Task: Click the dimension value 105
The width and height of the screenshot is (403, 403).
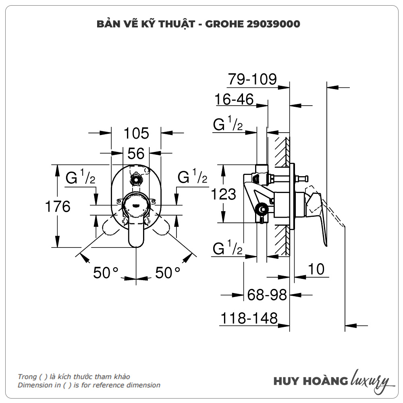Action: (136, 133)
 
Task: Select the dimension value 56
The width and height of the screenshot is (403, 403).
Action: (136, 154)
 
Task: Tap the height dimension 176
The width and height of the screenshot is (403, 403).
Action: (57, 206)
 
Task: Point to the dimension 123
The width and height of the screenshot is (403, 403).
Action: (224, 194)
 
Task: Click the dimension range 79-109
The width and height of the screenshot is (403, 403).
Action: (252, 80)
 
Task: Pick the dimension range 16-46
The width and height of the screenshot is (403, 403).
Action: (235, 100)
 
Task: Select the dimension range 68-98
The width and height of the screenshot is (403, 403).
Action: (267, 295)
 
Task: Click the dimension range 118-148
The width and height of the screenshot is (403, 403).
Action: (249, 319)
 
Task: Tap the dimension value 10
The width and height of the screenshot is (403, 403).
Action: (317, 269)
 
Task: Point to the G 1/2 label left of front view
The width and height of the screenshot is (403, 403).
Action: (81, 177)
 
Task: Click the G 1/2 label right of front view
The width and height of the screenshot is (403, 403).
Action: (192, 177)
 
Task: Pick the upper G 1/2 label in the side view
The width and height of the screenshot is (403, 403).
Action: (228, 125)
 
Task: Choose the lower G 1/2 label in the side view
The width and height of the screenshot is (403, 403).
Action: (228, 249)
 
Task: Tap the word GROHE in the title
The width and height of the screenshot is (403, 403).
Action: (224, 24)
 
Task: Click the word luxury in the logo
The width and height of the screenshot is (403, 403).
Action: (370, 380)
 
